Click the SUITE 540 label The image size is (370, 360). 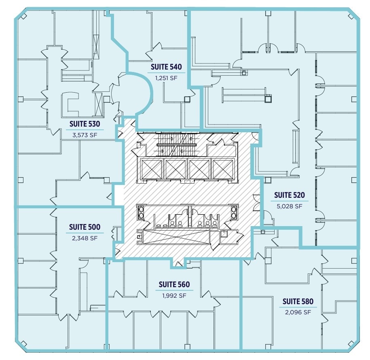tap(166, 67)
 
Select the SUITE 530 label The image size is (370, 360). tap(85, 124)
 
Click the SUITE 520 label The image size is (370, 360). tap(289, 195)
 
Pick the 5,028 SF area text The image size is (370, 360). tap(289, 206)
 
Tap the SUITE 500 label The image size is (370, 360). tap(85, 227)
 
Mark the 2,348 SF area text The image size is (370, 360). tap(85, 238)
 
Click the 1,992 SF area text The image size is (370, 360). tap(174, 296)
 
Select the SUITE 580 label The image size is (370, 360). tap(298, 301)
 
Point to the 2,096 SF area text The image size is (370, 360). tap(298, 312)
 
